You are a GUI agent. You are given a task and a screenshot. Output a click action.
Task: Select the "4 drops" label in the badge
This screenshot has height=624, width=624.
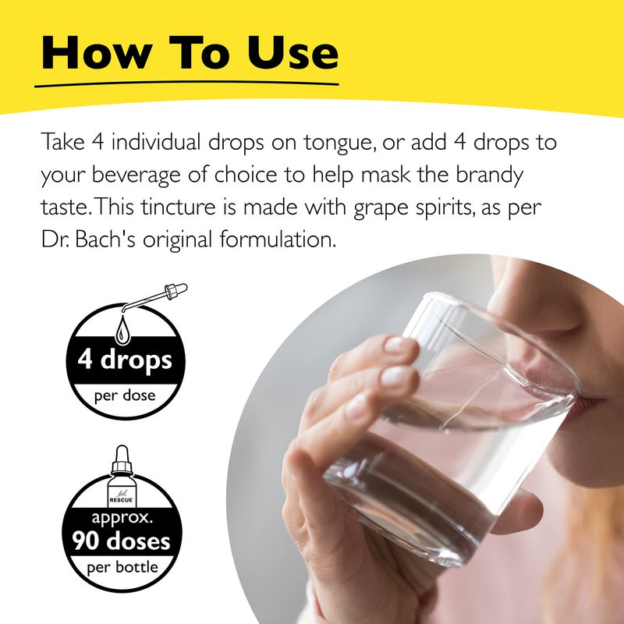point(125,362)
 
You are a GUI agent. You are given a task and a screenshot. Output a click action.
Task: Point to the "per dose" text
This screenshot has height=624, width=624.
point(125,395)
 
